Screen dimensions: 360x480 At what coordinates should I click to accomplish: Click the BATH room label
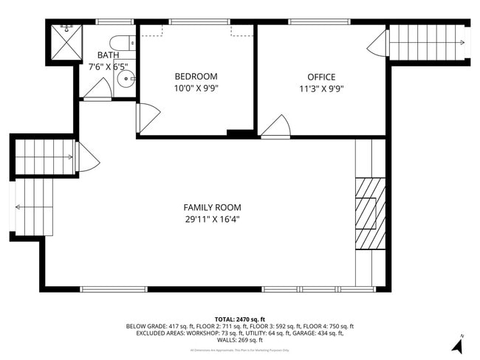click(109, 55)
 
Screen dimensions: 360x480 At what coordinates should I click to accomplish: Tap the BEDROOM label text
click(196, 76)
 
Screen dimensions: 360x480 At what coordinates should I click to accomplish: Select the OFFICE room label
click(321, 77)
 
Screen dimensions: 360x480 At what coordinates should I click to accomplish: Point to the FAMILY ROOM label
click(212, 207)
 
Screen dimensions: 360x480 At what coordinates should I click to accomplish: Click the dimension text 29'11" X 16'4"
click(212, 219)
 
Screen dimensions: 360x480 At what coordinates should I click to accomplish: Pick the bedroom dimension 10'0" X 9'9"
click(196, 88)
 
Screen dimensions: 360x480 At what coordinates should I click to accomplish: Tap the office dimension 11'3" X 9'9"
click(321, 89)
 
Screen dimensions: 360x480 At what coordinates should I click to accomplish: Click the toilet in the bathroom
click(121, 42)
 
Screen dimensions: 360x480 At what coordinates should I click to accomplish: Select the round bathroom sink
click(123, 77)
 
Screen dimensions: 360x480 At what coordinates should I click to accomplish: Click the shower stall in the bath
click(64, 44)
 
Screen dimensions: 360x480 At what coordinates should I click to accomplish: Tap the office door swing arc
click(276, 127)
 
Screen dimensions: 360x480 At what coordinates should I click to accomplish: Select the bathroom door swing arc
click(97, 89)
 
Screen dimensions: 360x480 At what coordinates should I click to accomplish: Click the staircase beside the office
click(426, 42)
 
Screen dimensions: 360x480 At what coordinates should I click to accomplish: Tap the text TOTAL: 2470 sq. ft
click(240, 318)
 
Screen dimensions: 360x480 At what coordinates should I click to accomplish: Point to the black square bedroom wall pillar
click(239, 134)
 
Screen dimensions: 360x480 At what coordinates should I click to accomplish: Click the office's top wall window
click(309, 21)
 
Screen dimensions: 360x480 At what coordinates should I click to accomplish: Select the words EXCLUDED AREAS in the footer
click(160, 333)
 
